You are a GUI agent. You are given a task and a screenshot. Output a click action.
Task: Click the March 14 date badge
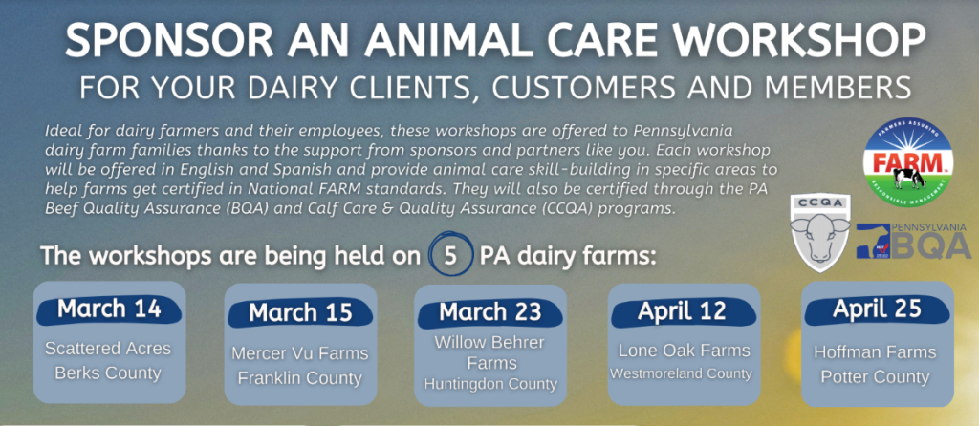[x=109, y=310]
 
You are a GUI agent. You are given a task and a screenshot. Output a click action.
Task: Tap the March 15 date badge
[x=300, y=313]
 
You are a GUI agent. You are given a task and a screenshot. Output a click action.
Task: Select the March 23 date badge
[x=490, y=313]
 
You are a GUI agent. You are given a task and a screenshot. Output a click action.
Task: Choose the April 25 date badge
[x=877, y=310]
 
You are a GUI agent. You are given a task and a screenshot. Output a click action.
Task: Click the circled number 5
[x=450, y=256]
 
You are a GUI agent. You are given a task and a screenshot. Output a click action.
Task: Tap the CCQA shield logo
[x=819, y=232]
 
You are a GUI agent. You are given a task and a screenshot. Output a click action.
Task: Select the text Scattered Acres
[x=108, y=348]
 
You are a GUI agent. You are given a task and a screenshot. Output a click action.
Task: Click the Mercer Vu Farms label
[x=300, y=353]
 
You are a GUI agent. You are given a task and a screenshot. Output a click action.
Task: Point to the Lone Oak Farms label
[x=684, y=351]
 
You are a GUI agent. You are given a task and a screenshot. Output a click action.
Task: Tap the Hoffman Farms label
[x=876, y=352]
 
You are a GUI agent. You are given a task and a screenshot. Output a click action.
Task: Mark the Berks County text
[x=108, y=373]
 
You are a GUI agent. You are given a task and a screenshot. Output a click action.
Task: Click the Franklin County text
[x=299, y=378]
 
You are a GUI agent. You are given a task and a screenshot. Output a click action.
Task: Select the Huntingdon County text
[x=490, y=384]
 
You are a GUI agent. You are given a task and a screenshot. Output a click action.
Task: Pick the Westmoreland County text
[x=681, y=374]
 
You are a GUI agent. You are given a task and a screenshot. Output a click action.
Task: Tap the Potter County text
[x=876, y=377]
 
